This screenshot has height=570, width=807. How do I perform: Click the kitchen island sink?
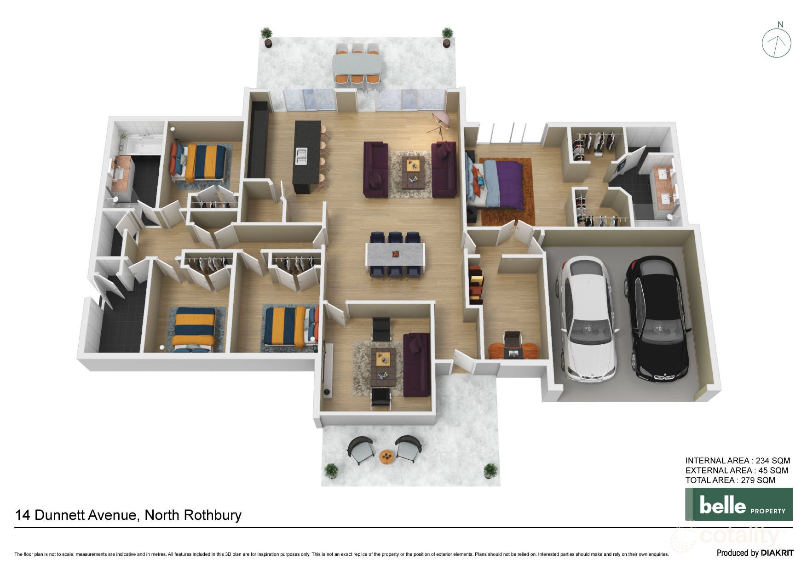(302, 156)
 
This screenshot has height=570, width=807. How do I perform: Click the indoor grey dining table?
(395, 255)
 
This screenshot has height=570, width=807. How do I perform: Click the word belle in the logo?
(722, 505)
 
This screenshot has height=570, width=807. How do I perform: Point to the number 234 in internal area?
(762, 461)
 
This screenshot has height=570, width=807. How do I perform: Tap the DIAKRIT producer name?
(777, 553)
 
